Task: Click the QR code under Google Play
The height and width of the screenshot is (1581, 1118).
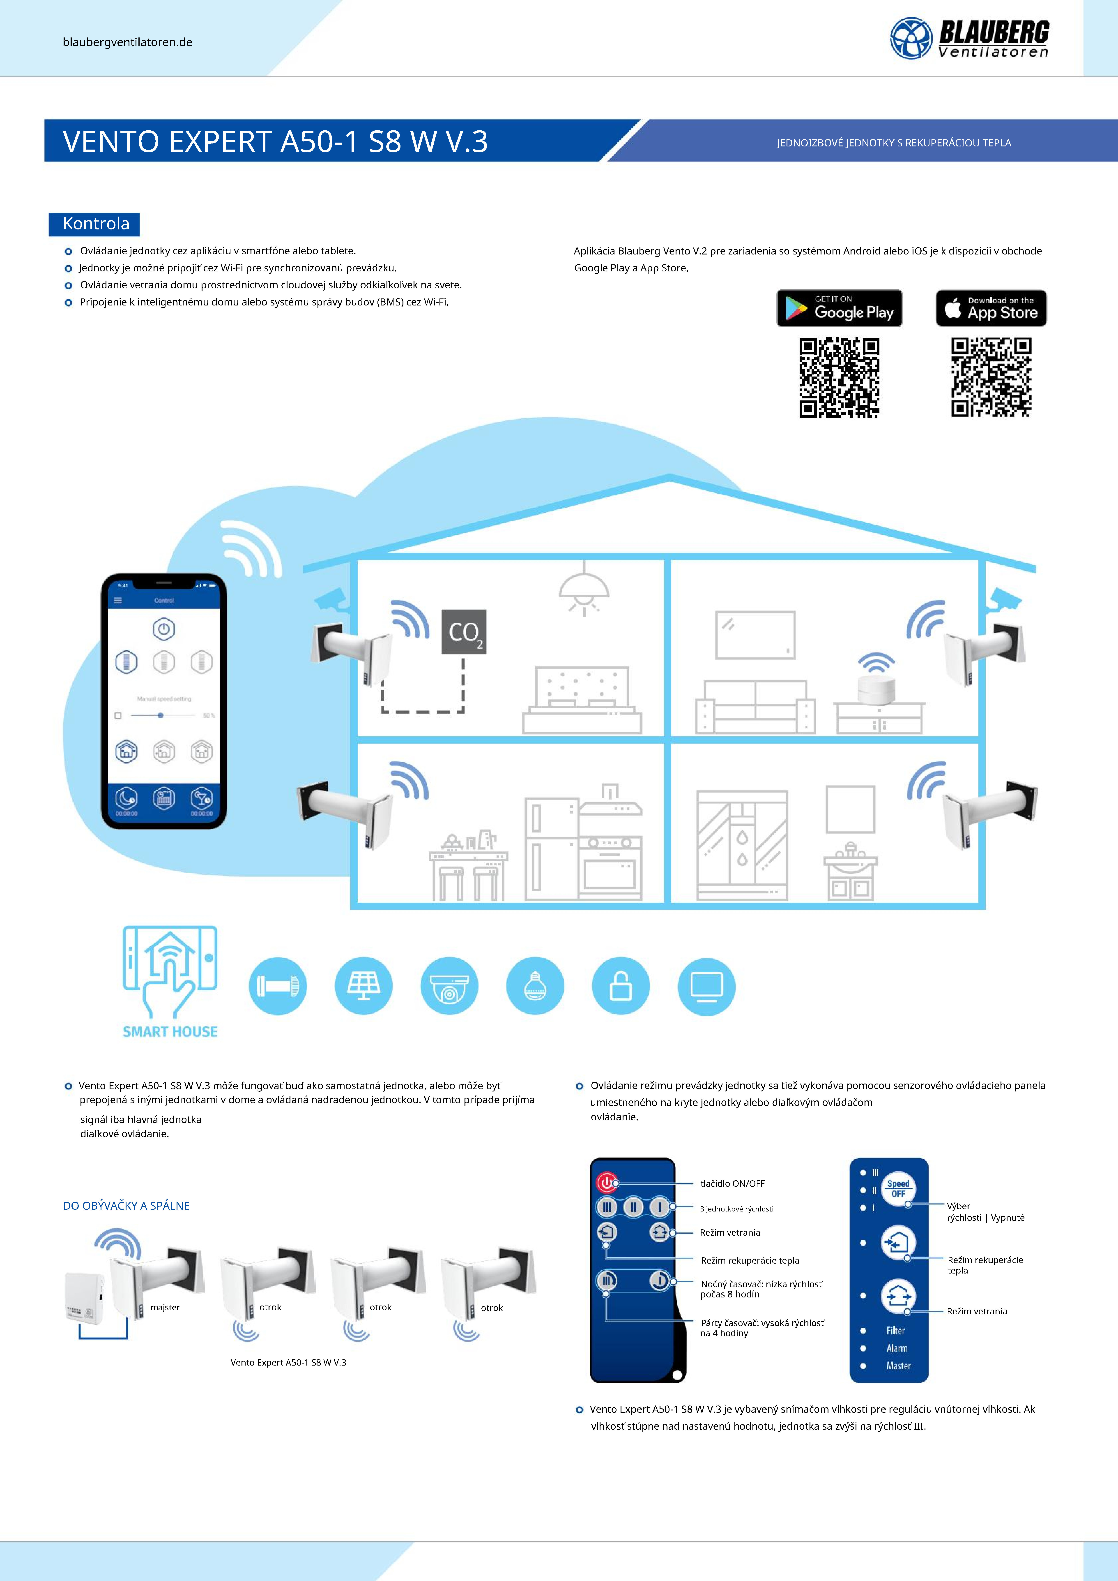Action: (839, 377)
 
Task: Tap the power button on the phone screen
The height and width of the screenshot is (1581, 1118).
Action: (164, 629)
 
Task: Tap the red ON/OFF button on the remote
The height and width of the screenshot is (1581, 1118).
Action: (606, 1182)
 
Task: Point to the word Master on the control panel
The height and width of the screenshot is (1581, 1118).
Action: (898, 1366)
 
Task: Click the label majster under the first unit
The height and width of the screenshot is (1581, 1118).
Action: (165, 1307)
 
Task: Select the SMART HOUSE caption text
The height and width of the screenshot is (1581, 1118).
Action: (170, 1031)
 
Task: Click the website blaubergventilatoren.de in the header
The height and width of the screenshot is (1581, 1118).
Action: (127, 42)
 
